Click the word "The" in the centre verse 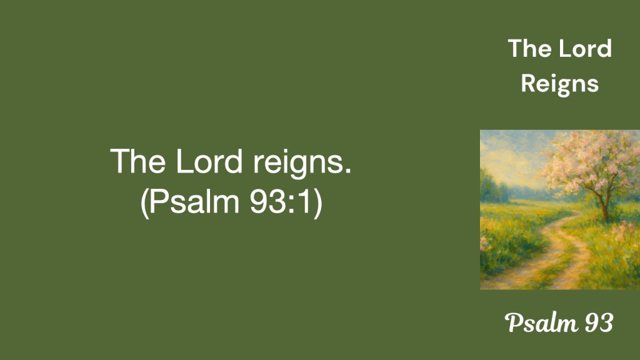[x=138, y=161]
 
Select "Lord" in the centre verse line [x=209, y=161]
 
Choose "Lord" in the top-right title [x=585, y=48]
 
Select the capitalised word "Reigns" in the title [x=559, y=84]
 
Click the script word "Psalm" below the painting [x=541, y=322]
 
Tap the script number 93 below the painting [x=599, y=323]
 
